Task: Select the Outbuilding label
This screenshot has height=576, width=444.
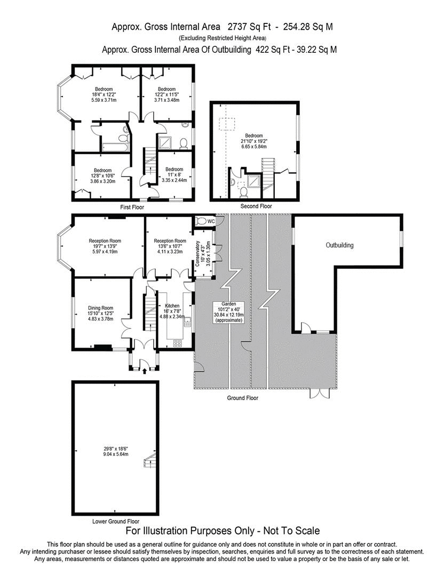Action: point(340,245)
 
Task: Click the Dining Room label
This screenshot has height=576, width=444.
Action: point(101,308)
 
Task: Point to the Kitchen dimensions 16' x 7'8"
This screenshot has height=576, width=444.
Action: point(172,311)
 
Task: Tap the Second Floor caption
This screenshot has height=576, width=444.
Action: point(256,206)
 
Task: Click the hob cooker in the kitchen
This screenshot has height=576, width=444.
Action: point(178,343)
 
